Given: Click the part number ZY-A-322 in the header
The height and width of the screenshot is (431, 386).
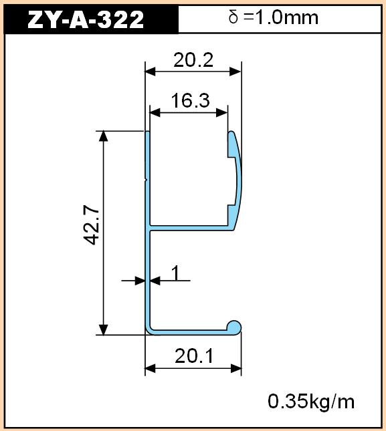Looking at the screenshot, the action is pos(86,19).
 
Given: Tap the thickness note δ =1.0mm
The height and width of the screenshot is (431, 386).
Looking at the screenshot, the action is pos(273,17).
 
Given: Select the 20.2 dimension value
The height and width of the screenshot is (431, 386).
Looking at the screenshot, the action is pos(193,60).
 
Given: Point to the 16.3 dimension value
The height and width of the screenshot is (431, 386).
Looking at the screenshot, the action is pos(190,100).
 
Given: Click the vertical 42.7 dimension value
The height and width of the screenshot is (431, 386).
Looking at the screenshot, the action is pos(91,227).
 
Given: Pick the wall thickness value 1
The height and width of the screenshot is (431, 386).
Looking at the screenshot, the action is pos(175,273).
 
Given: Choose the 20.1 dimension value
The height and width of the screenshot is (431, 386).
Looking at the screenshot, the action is pos(194,356).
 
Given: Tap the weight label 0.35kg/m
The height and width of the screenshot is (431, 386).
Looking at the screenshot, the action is pos(311,402).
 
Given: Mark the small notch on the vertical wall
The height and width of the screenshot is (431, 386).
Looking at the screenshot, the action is pos(146,180).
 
